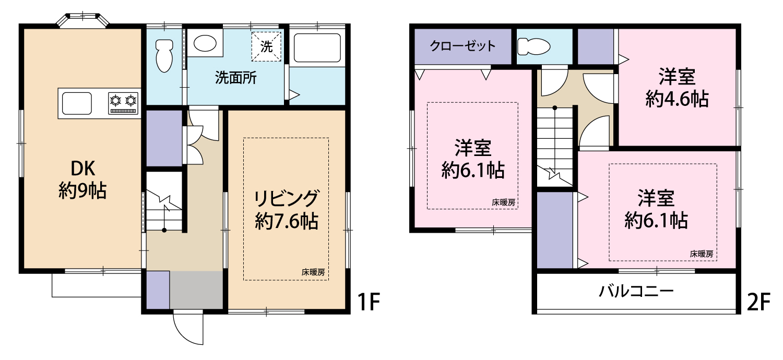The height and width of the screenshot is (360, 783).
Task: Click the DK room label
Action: point(83,169)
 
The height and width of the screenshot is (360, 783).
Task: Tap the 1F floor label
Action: point(369,302)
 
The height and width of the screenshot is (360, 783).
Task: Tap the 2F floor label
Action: point(758,302)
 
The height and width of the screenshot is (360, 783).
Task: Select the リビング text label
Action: point(286,198)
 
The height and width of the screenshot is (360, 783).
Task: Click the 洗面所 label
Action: point(235,77)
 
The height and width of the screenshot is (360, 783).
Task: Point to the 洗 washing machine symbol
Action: point(266,46)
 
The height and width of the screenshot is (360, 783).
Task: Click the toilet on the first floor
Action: point(164,55)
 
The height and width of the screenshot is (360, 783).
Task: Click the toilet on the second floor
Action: point(533,46)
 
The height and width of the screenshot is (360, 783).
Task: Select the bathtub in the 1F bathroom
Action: point(317,48)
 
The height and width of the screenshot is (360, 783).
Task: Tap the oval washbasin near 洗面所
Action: point(205,44)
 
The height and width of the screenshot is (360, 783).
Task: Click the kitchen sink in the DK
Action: point(77,103)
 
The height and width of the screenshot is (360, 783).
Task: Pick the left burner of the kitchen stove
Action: point(115,101)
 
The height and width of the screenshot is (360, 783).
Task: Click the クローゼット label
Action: point(462,46)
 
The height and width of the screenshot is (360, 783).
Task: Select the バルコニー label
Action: point(636,291)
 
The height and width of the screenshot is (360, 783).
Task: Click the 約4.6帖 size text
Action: point(677,99)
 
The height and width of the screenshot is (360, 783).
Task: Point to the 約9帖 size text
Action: point(82,191)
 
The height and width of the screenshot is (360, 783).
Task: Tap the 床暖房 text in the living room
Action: point(313,272)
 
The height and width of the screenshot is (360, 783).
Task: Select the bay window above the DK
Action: point(82,20)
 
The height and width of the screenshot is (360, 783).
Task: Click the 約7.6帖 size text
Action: point(287,221)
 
